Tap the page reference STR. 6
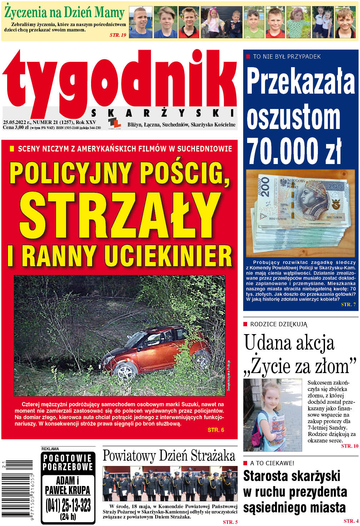click(x=216, y=430)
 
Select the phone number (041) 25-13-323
click(x=68, y=505)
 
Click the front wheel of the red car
click(x=124, y=372)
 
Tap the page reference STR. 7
click(x=348, y=304)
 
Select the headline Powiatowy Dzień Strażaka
click(x=169, y=456)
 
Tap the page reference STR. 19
click(x=118, y=35)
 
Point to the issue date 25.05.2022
click(x=14, y=122)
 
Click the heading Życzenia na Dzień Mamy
click(x=64, y=13)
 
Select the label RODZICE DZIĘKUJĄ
click(x=279, y=324)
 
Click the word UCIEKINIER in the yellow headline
click(x=168, y=255)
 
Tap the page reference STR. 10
click(x=350, y=446)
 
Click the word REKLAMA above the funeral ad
click(x=50, y=449)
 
